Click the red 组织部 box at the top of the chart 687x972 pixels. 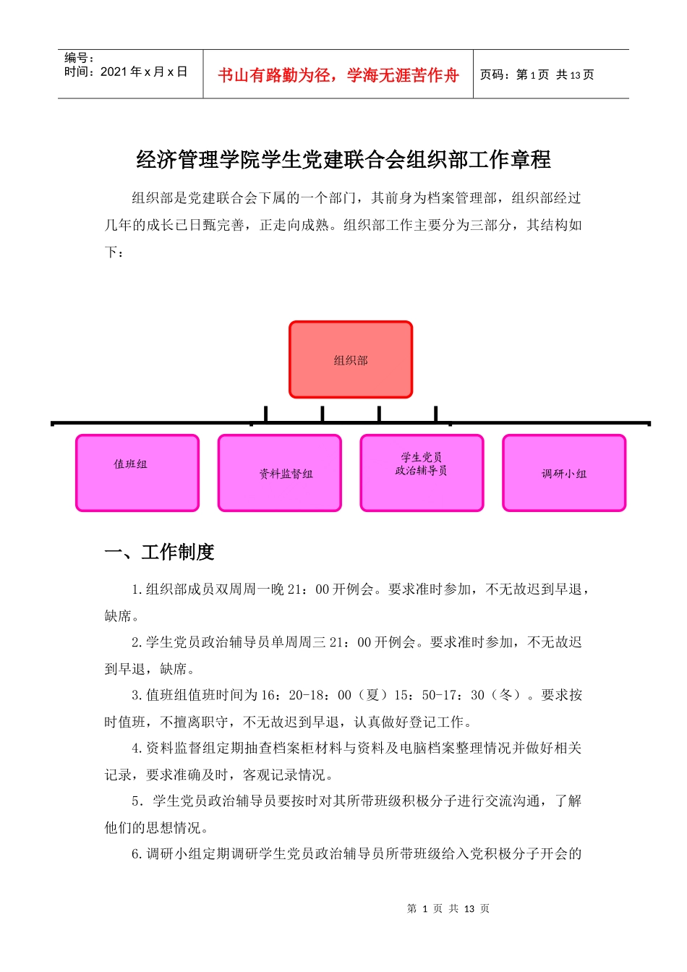tap(351, 359)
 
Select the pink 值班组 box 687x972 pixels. tap(137, 473)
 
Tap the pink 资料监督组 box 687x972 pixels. tap(279, 473)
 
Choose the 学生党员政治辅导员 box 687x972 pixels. tap(422, 473)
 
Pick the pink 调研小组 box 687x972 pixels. tap(564, 473)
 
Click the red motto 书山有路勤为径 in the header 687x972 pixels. tap(338, 75)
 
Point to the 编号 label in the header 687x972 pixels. tap(79, 58)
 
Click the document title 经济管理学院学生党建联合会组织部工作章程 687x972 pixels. tap(343, 159)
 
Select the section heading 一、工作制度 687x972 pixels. tap(160, 553)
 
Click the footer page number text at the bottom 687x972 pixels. tap(448, 908)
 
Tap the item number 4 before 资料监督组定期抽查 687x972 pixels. tap(136, 749)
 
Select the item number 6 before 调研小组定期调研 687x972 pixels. tap(136, 854)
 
